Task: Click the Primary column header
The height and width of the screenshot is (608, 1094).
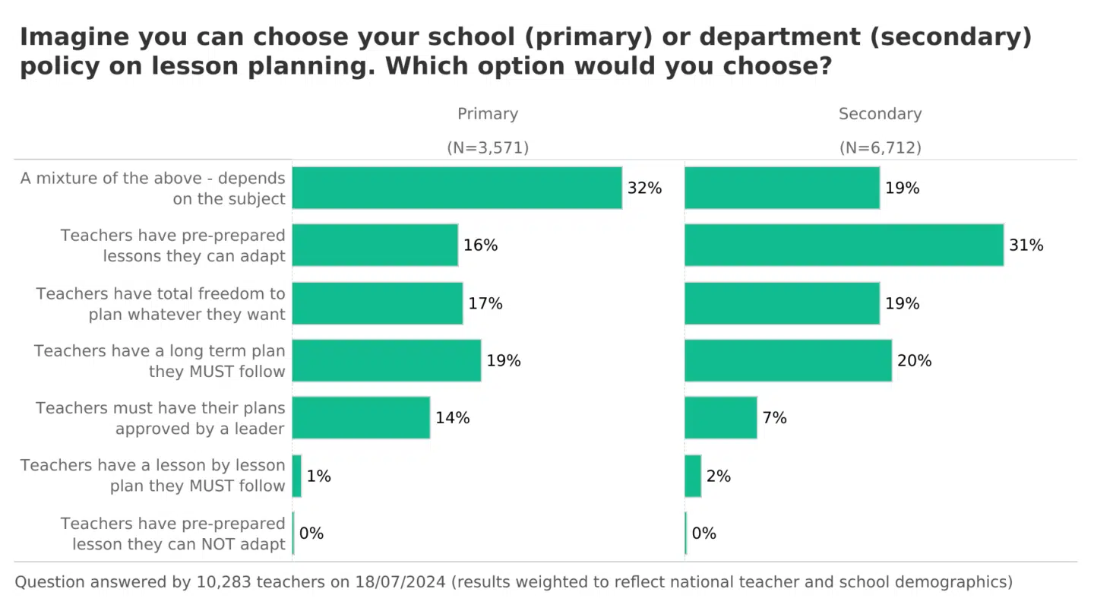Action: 487,114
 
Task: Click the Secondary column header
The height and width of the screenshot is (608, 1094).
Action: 880,114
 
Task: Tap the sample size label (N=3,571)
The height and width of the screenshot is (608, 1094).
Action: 487,148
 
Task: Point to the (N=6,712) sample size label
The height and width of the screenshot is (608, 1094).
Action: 880,148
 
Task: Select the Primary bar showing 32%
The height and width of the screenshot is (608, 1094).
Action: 457,188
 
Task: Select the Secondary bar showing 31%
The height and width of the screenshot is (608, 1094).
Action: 843,245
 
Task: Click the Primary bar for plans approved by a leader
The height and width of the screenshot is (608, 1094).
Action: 361,417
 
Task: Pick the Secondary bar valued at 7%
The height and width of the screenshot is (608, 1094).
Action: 720,417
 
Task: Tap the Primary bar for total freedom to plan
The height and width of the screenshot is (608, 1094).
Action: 377,303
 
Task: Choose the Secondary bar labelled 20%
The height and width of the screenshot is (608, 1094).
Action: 788,360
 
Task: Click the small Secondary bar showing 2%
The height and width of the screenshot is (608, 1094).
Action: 693,476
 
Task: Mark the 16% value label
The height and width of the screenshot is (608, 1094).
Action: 480,245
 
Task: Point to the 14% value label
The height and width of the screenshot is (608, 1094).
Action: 452,418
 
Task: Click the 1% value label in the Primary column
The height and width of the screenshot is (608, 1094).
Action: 318,477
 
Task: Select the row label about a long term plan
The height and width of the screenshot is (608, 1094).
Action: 160,361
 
